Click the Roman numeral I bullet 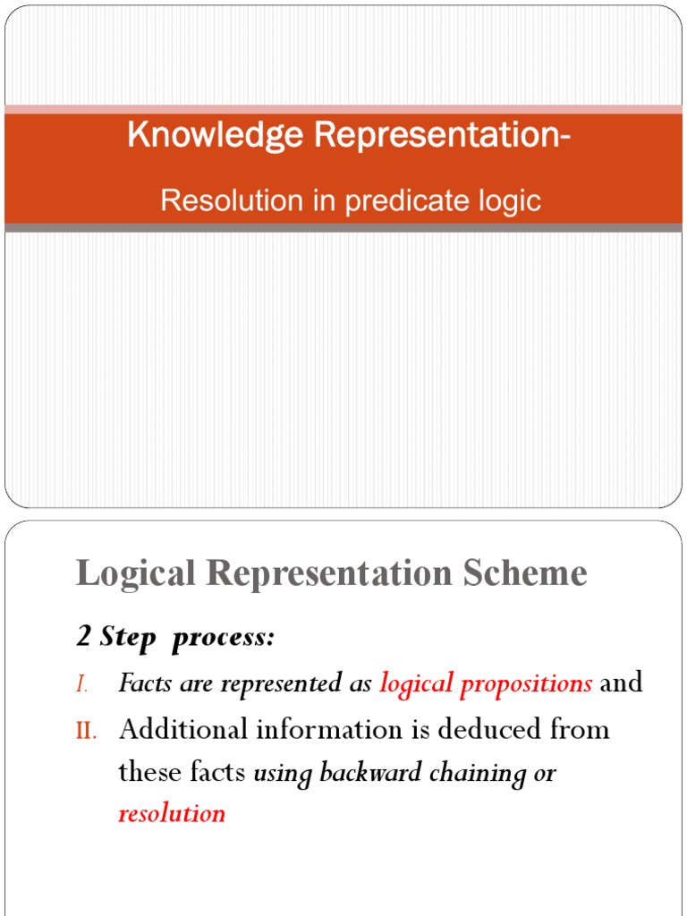tap(81, 684)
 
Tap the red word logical tap(415, 684)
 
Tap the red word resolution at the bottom tap(172, 814)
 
